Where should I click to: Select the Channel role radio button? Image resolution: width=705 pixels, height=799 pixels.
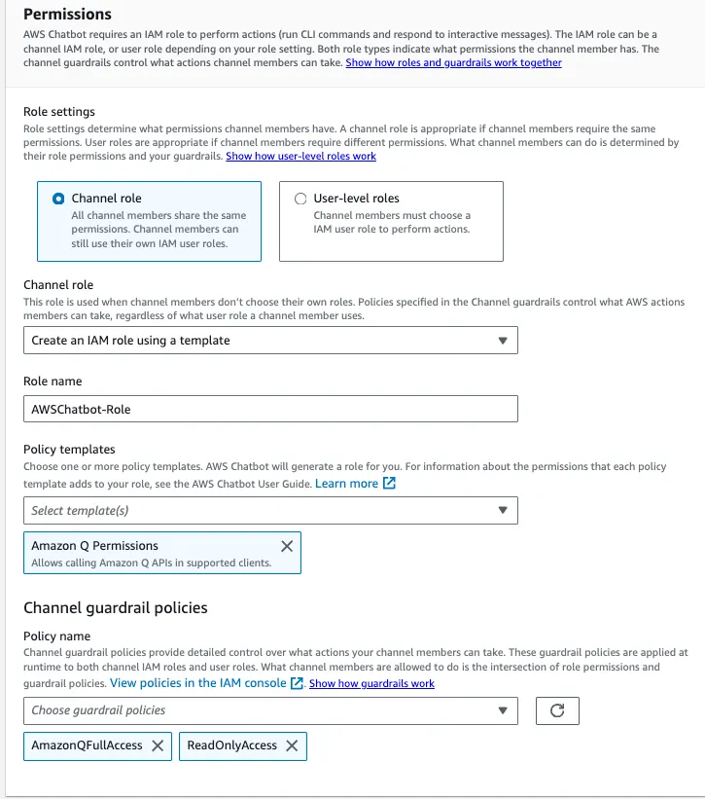pos(57,199)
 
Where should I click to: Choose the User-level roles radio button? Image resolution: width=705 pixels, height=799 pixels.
pos(300,199)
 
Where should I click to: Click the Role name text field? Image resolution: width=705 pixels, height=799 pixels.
pos(270,409)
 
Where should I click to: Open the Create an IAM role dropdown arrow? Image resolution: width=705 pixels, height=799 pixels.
pos(502,341)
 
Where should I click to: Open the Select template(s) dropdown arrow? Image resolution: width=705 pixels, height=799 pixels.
pos(502,510)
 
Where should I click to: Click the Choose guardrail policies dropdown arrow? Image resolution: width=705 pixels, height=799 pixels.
pos(502,710)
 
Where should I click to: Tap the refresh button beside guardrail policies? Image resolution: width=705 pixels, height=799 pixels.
pos(557,710)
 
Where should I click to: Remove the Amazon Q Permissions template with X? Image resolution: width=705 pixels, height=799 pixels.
pos(286,546)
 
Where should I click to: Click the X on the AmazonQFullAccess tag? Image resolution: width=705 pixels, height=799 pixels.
pos(157,745)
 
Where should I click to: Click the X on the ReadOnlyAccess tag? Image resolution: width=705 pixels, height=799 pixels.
pos(291,745)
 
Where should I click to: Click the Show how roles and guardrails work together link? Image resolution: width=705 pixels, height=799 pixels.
pos(453,63)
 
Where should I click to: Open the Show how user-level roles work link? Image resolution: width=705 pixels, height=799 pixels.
pos(300,156)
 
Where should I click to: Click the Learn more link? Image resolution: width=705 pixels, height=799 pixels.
pos(346,484)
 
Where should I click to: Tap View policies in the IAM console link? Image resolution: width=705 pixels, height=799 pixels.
pos(198,683)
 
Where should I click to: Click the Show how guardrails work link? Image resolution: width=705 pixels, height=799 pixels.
pos(371,684)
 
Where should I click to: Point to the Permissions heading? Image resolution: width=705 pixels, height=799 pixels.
pos(67,15)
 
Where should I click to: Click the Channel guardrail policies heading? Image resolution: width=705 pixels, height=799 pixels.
pos(115,608)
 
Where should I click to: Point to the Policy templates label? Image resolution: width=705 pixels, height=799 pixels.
pos(69,449)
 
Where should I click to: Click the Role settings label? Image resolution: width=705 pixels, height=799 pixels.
pos(59,112)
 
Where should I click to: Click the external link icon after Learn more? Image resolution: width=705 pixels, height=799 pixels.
pos(389,484)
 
